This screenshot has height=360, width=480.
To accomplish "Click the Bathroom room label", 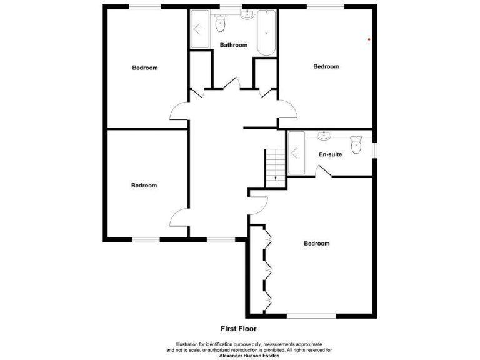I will tap(233, 45).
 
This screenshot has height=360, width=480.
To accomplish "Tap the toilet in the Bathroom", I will tap(220, 24).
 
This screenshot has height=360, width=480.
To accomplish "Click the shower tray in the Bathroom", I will tap(200, 29).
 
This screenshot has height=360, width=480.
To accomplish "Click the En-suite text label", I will tap(330, 154).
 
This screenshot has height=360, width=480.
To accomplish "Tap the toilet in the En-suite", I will tap(357, 146).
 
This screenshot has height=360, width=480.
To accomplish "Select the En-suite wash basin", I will tap(324, 135).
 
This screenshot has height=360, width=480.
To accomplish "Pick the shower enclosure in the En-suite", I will tap(296, 153).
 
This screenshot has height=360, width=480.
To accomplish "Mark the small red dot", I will tap(369, 39).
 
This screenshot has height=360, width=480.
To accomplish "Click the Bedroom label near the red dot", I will tap(326, 67).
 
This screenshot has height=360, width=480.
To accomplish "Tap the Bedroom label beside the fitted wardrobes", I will tap(316, 244).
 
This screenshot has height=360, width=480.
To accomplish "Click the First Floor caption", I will tap(238, 328).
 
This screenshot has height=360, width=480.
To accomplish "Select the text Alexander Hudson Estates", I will tap(249, 355).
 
